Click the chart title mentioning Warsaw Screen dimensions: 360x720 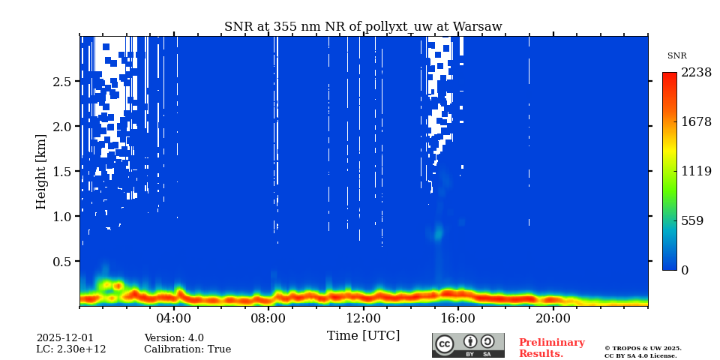363,27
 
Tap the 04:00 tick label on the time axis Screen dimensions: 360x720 174,317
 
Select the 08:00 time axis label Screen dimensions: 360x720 268,317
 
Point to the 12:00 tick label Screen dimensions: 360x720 364,317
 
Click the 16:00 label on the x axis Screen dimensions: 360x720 458,317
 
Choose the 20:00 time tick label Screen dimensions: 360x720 553,317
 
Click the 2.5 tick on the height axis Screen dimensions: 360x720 61,82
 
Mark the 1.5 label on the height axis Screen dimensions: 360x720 61,172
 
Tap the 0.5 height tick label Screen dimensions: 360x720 61,262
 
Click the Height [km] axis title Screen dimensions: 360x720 41,171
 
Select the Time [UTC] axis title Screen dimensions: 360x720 363,335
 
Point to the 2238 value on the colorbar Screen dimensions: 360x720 696,73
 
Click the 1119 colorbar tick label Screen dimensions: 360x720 696,171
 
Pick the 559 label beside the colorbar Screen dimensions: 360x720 691,221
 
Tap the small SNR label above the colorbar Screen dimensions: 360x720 676,56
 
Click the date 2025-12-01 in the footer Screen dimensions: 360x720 65,338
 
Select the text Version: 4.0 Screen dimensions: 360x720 174,338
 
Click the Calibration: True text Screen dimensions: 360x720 187,349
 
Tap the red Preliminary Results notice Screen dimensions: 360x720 551,348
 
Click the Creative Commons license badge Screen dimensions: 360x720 468,345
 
